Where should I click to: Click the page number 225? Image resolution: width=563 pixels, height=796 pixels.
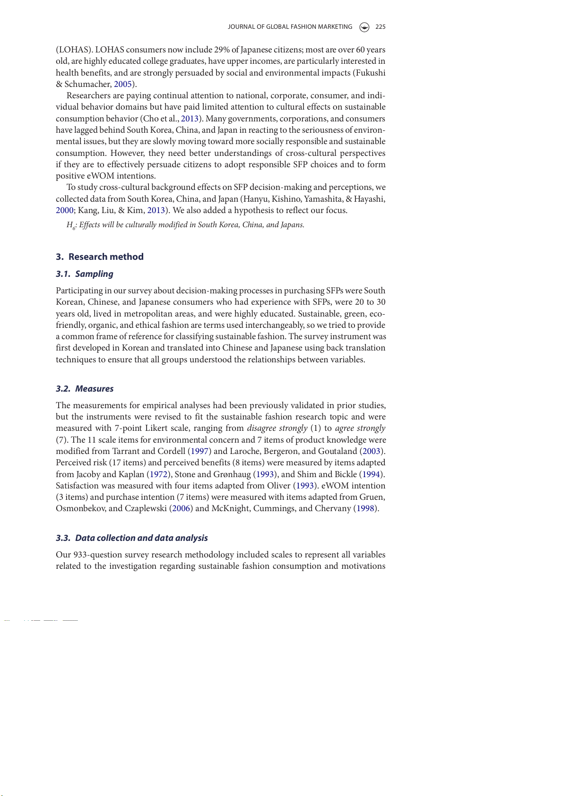(380, 27)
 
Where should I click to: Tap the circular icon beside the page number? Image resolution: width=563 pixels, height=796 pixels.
(364, 27)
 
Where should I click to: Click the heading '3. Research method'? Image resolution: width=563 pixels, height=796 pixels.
(100, 257)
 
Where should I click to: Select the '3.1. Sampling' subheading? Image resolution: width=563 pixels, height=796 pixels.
(85, 274)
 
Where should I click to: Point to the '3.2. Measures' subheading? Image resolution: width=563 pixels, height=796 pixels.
(85, 389)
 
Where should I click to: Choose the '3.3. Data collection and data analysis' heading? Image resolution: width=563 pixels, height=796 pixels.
(132, 538)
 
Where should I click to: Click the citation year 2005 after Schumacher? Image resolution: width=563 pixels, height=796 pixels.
(122, 84)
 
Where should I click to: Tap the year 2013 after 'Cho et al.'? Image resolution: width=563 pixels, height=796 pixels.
(190, 119)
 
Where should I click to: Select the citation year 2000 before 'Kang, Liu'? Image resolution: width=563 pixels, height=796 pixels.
(64, 210)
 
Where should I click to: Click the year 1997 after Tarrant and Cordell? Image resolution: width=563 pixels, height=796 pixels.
(199, 451)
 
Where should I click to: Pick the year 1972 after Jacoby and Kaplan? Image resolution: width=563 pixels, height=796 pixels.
(159, 474)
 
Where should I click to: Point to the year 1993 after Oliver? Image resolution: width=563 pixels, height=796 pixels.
(305, 486)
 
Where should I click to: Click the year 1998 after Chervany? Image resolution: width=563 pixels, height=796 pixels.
(365, 508)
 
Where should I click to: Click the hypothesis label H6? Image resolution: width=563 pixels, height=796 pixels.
(71, 225)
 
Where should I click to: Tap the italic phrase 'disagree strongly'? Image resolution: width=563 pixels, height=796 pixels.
(277, 428)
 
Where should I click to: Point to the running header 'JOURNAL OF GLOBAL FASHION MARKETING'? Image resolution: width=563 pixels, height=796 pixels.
(290, 27)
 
